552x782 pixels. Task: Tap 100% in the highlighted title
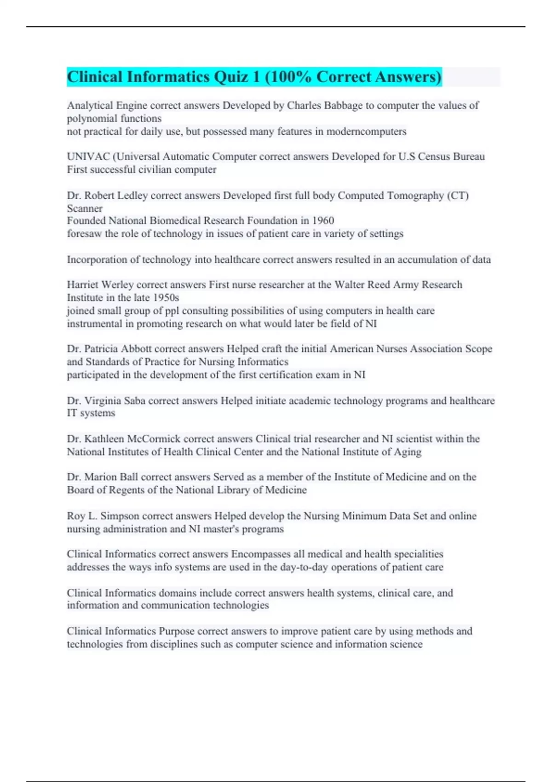pos(290,77)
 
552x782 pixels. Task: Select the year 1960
pos(322,220)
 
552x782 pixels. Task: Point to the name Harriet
pos(82,285)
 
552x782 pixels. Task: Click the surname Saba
pos(134,401)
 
